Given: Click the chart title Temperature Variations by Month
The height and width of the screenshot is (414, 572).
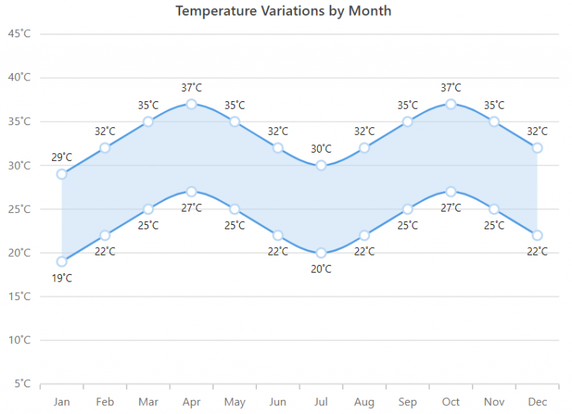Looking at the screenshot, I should point(283,11).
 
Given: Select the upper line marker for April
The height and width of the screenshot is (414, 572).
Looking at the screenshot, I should point(191,104).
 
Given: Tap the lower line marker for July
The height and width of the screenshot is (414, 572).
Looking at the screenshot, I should point(321,253).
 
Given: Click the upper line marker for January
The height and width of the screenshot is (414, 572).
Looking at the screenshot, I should point(62,174).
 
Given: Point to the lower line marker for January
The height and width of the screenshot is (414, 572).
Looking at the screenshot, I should point(62,261).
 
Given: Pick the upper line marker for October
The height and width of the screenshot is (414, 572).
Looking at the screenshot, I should point(451,104).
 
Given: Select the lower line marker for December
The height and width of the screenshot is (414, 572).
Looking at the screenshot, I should point(537,235).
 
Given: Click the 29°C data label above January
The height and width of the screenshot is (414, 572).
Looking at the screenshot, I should point(62,157).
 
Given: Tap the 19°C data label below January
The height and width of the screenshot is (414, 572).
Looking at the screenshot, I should point(62,278).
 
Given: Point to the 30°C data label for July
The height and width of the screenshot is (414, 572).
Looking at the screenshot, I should point(321,149).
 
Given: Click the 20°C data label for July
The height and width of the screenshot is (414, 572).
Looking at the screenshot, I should point(321,270).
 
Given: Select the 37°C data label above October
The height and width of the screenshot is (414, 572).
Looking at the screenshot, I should point(451,88).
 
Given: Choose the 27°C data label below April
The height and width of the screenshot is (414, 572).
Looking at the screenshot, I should point(191,208).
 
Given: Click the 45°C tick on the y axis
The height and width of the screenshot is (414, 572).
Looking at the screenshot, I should point(19,34).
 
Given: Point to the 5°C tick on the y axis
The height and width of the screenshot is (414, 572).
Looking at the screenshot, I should point(22,384).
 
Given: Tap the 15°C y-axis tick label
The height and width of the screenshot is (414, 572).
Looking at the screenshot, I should point(19,296).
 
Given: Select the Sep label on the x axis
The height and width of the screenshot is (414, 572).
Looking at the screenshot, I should point(407,402).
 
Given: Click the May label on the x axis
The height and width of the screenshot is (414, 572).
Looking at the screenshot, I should point(235,402).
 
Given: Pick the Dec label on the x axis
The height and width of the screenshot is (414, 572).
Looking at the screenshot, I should point(537,402).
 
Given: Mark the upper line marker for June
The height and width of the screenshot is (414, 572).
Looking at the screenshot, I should point(278,147).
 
